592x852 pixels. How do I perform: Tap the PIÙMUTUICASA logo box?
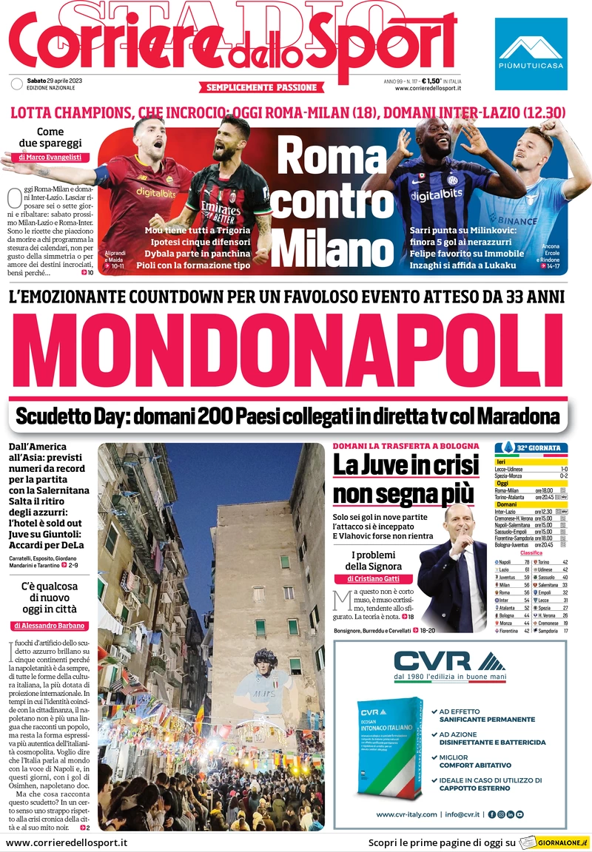pos(532,44)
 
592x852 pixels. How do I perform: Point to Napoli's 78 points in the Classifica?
pos(526,562)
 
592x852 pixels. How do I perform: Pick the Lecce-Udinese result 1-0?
pos(563,469)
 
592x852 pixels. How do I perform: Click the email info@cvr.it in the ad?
pos(464,814)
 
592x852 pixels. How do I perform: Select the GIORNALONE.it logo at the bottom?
pos(554,842)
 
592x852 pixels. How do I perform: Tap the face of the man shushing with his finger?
pos(460,525)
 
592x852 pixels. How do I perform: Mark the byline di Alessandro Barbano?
pos(50,626)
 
